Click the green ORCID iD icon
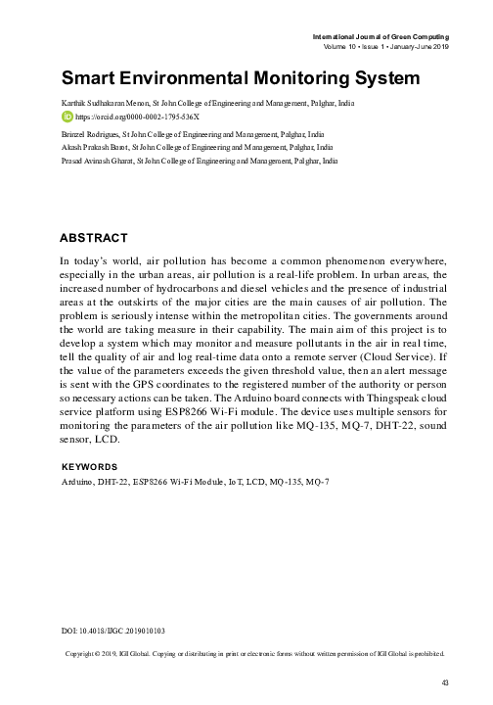pyautogui.click(x=67, y=115)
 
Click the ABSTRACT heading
pyautogui.click(x=93, y=238)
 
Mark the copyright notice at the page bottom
pyautogui.click(x=253, y=653)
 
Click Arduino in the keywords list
pyautogui.click(x=75, y=482)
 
